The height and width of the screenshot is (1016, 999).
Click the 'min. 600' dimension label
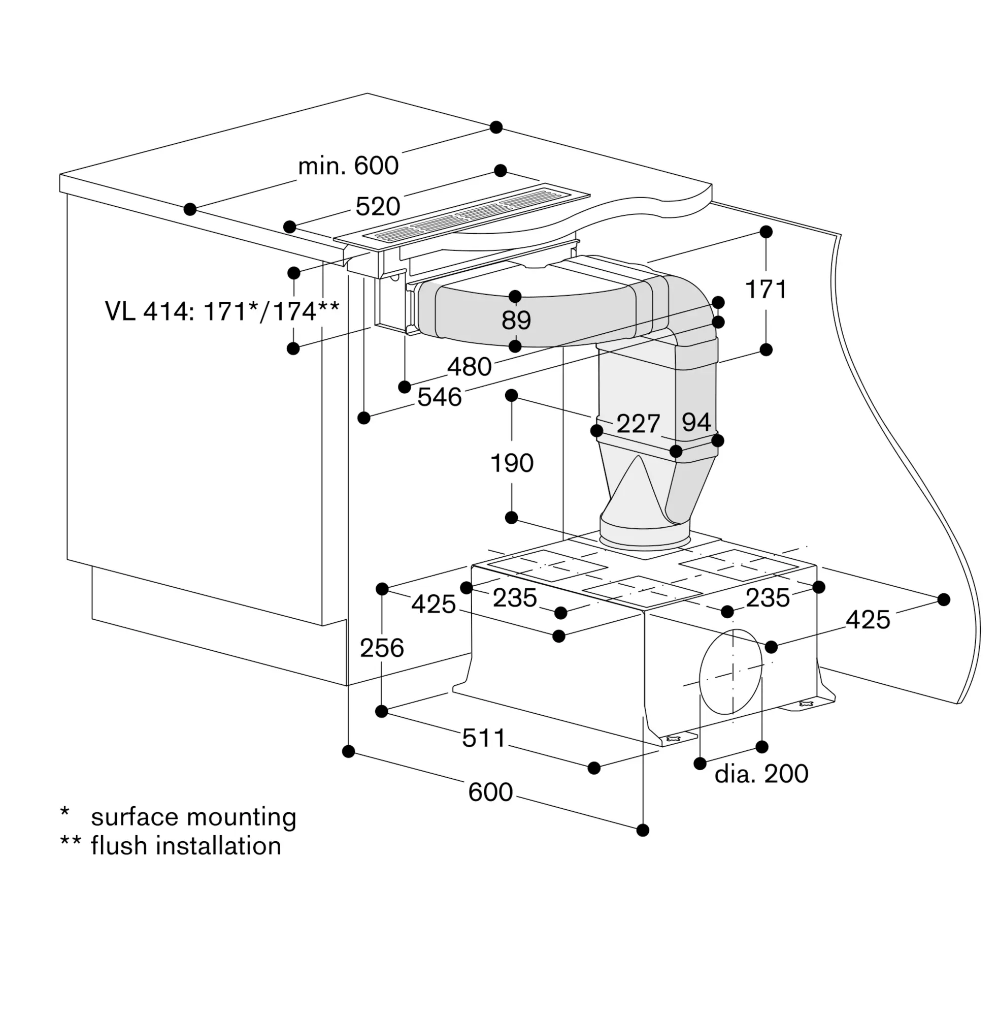tap(348, 166)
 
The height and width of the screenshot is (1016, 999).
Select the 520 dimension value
tap(378, 206)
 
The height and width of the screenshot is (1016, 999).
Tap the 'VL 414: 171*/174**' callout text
tap(222, 311)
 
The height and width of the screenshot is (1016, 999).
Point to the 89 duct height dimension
tap(516, 320)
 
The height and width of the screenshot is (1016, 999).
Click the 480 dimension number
tap(470, 366)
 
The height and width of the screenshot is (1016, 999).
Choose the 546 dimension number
tap(440, 397)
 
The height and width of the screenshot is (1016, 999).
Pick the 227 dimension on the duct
tap(638, 423)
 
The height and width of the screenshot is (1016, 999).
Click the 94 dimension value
tap(696, 422)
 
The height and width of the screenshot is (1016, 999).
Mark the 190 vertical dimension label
tap(512, 463)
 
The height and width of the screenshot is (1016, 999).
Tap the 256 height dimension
tap(382, 648)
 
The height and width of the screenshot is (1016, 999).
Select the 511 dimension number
tap(484, 738)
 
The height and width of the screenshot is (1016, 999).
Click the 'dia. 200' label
tap(761, 773)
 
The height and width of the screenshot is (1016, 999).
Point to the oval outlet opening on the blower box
tap(730, 671)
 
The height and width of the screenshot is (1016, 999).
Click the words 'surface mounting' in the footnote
tap(193, 817)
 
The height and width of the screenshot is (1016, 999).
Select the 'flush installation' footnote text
tap(186, 846)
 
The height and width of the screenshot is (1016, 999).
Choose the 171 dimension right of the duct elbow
tap(766, 290)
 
